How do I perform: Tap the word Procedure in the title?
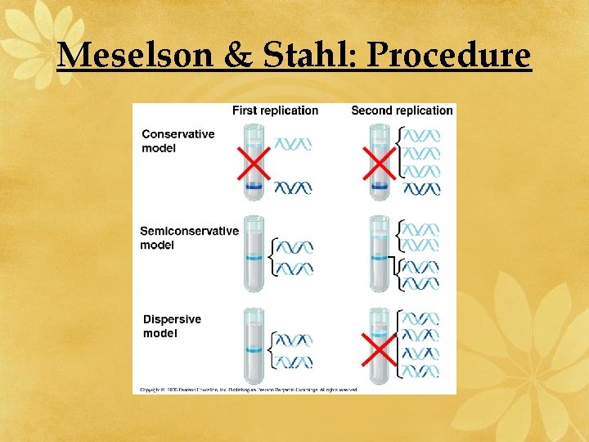click(x=449, y=55)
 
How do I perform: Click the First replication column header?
click(x=275, y=110)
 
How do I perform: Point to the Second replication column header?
click(x=402, y=110)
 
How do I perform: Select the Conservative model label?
click(x=178, y=141)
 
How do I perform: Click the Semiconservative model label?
click(x=189, y=237)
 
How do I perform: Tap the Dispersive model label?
click(x=172, y=326)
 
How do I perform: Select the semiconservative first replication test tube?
click(x=254, y=254)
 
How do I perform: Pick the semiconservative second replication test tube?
click(x=379, y=254)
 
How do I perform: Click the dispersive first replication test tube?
click(x=254, y=346)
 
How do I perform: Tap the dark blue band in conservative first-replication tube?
click(x=254, y=187)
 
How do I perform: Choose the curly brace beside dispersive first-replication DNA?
click(x=273, y=350)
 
